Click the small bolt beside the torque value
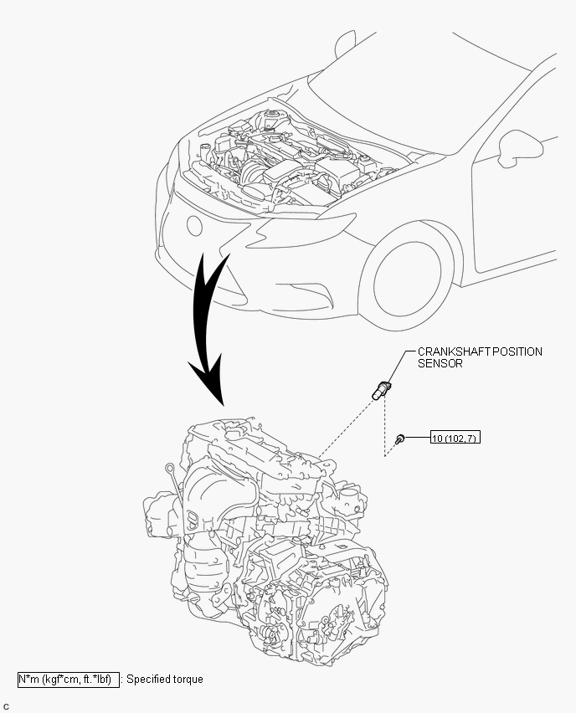pos(400,439)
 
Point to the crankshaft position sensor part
pos(381,391)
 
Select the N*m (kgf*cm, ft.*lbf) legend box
pos(69,680)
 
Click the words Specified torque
pos(165,680)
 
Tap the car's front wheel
pos(407,280)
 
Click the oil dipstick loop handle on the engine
pos(169,467)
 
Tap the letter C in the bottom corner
pos(6,707)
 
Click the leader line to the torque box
pos(418,438)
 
